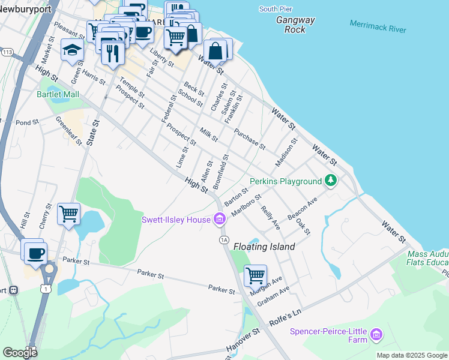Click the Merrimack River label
click(x=378, y=26)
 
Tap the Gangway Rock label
click(x=295, y=25)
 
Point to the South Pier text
click(x=277, y=9)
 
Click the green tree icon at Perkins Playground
click(x=330, y=181)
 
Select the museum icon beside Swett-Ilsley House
click(x=220, y=220)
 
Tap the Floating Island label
click(x=264, y=247)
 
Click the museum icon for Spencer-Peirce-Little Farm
click(x=376, y=334)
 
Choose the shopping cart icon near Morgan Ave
click(x=256, y=276)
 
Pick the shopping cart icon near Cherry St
click(x=68, y=214)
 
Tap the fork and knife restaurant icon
click(x=112, y=53)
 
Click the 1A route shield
click(x=224, y=240)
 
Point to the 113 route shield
click(x=7, y=53)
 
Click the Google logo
click(x=19, y=352)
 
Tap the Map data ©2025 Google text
click(x=412, y=355)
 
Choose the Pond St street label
click(x=27, y=122)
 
